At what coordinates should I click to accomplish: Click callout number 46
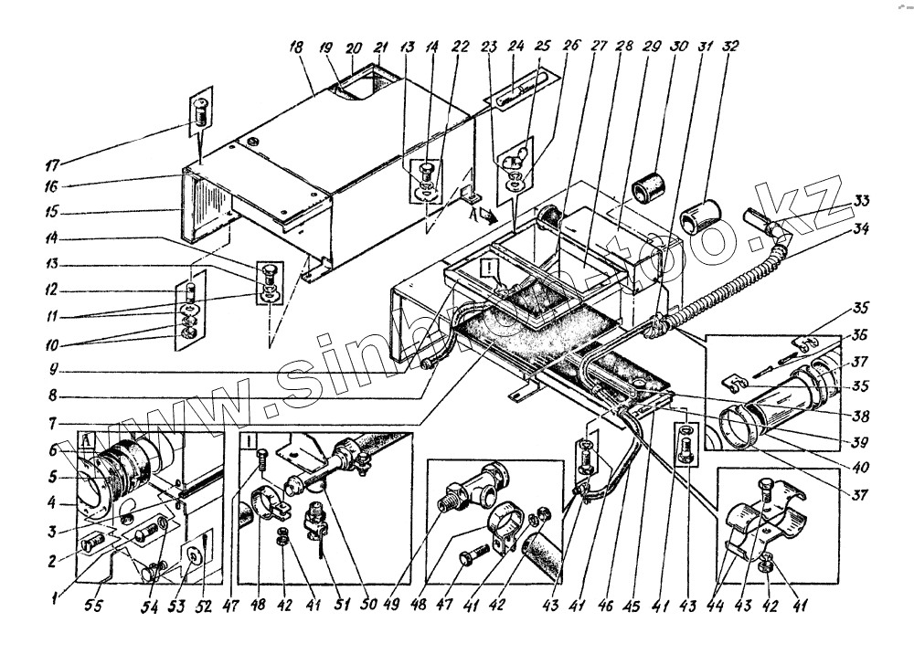[x=605, y=606]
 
